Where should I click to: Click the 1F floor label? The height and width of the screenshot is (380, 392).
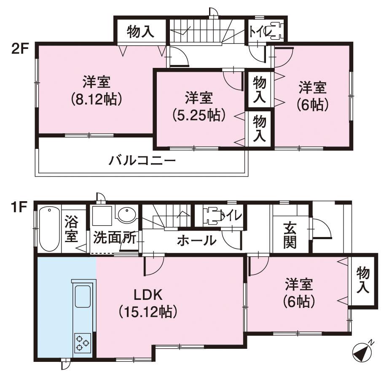[x=18, y=208]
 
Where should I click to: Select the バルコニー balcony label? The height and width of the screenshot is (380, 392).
[x=142, y=160]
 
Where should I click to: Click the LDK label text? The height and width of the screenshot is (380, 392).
[x=148, y=295]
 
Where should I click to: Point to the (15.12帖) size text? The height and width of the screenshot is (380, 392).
[x=148, y=312]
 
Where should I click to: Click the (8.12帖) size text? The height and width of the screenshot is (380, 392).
[x=97, y=99]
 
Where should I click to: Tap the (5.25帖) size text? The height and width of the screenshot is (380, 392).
[x=199, y=115]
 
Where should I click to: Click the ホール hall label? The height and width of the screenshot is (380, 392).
[x=197, y=240]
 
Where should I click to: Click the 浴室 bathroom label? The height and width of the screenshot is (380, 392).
[x=71, y=229]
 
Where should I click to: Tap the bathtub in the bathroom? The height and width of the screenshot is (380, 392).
[x=49, y=229]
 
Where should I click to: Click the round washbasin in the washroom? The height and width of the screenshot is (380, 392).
[x=127, y=215]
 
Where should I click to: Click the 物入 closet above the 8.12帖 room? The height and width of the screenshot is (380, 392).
[x=140, y=32]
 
